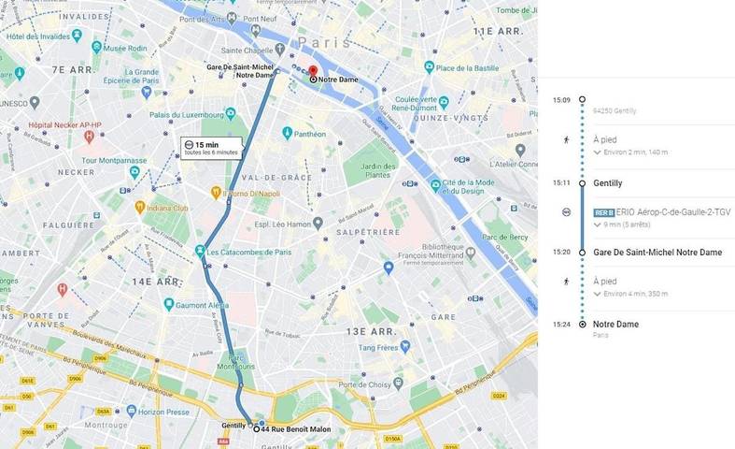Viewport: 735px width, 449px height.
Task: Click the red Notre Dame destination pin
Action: point(313,71)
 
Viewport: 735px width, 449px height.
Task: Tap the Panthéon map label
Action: point(308,134)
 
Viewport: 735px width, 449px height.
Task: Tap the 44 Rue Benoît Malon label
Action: point(296,428)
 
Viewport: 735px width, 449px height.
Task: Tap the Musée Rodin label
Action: point(128,47)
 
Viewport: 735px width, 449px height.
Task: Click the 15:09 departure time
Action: point(560,98)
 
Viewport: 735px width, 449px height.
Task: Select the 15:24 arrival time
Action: point(560,325)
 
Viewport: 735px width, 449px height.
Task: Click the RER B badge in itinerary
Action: point(603,212)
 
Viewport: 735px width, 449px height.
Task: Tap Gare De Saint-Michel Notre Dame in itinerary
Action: point(657,253)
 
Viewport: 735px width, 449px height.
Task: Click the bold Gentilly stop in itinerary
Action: point(607,183)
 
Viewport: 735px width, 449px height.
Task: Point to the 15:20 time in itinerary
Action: point(560,253)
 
